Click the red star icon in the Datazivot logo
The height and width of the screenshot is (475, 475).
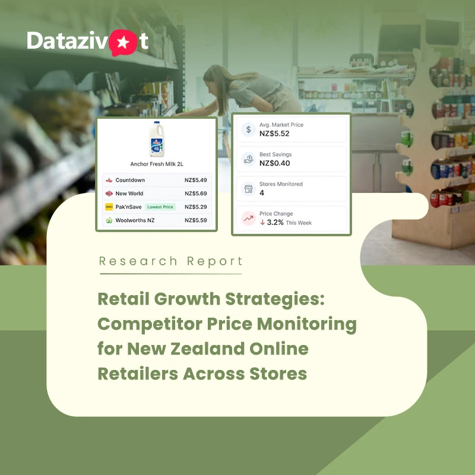123,42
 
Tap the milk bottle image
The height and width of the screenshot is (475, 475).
157,139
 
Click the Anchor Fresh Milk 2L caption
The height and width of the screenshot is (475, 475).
157,164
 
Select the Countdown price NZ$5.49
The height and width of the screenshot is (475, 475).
196,180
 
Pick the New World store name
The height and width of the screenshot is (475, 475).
129,194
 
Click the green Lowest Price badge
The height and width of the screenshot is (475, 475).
160,207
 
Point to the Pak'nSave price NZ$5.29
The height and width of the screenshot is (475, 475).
196,207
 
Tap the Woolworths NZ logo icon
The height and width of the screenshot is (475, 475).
109,220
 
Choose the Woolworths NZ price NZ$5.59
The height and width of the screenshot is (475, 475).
196,220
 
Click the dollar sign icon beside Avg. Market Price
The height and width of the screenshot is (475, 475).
248,129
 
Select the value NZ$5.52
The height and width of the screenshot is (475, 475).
274,134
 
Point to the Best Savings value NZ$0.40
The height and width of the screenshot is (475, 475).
274,163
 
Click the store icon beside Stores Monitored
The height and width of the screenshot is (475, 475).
248,189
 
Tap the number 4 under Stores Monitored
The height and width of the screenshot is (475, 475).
262,193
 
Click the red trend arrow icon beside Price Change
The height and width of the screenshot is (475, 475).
248,218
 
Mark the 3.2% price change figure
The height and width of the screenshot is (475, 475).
275,223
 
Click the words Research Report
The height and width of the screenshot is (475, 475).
171,261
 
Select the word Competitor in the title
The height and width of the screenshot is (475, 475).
150,324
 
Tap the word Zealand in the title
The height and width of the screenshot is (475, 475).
207,349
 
